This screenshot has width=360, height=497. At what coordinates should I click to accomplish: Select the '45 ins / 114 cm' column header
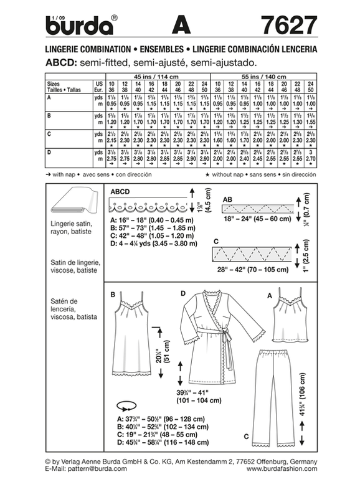pyautogui.click(x=159, y=75)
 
